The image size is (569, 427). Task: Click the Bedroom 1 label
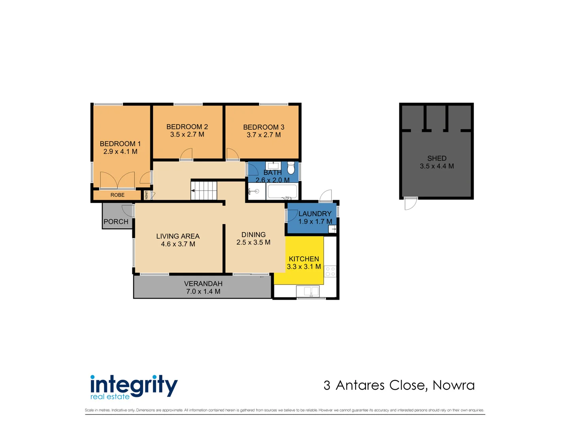[x=120, y=144]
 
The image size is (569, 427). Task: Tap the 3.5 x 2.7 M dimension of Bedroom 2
[x=187, y=134]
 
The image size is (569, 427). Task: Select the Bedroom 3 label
[x=264, y=127]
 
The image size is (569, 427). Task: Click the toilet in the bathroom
[x=291, y=168]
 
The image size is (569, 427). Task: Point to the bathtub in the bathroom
[x=282, y=192]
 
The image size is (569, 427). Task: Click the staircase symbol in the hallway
[x=204, y=191]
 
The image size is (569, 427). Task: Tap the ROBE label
[x=117, y=195]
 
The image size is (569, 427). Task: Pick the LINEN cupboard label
[x=146, y=195]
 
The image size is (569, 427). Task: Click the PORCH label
[x=116, y=222]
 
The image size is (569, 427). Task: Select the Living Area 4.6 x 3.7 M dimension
[x=178, y=244]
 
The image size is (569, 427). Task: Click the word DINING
[x=253, y=235]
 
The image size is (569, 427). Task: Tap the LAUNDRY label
[x=315, y=214]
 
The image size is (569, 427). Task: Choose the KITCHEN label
[x=304, y=259]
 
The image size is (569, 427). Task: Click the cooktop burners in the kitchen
[x=330, y=271]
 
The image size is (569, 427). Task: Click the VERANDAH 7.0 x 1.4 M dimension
[x=203, y=291]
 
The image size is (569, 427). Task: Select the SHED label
[x=437, y=158]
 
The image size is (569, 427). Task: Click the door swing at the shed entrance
[x=411, y=203]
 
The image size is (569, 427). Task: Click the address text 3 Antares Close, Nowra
[x=399, y=385]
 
